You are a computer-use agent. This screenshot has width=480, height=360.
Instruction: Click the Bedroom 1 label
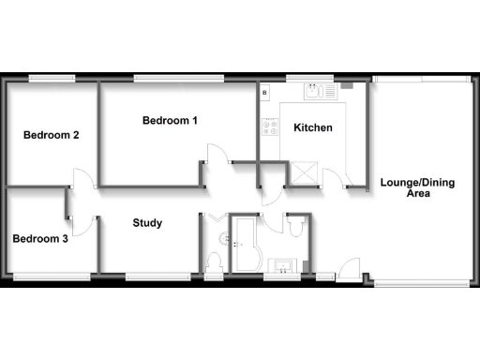point(170,120)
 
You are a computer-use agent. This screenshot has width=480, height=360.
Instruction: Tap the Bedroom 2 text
point(51,135)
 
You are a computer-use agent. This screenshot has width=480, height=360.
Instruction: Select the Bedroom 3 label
point(40,239)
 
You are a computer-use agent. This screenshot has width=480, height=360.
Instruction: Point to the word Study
point(147,223)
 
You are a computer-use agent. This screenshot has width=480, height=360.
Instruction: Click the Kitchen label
point(312,127)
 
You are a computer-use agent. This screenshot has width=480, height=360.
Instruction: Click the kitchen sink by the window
point(312,90)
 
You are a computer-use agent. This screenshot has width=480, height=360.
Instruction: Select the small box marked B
point(265,93)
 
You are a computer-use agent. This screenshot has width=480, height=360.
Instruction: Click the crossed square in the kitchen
point(305,172)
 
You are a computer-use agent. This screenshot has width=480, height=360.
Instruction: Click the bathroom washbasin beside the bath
point(280,264)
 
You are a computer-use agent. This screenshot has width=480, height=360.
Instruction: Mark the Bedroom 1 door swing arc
point(216,156)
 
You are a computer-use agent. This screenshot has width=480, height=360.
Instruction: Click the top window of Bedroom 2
point(52,77)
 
